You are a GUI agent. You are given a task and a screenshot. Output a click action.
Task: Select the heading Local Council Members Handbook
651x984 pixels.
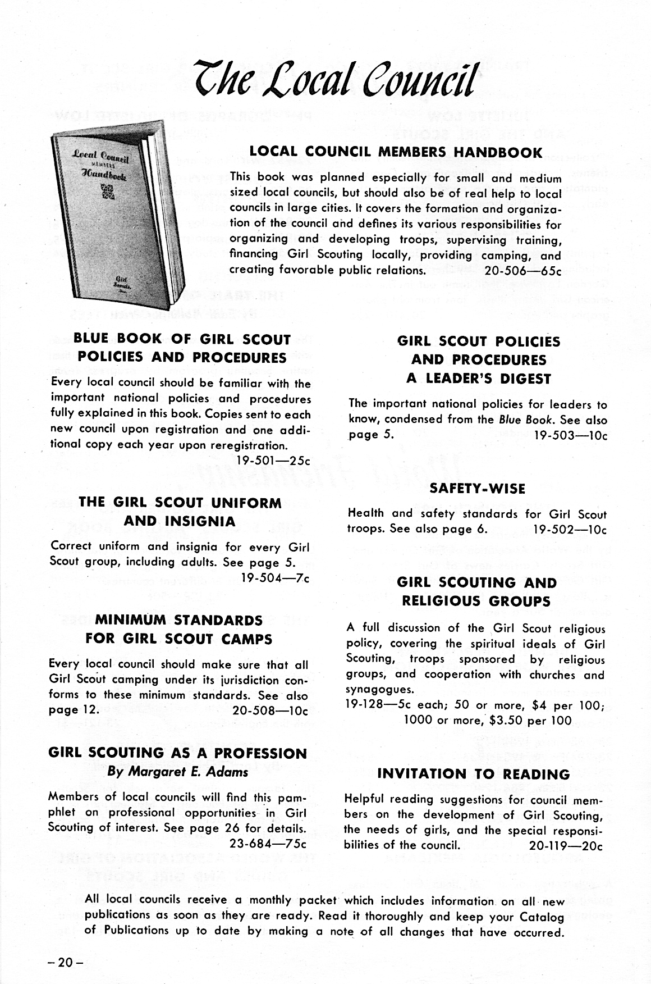[396, 152]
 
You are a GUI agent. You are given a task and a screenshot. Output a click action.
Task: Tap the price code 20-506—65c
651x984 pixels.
[522, 270]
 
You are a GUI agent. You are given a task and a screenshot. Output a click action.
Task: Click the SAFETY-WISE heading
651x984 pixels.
[477, 489]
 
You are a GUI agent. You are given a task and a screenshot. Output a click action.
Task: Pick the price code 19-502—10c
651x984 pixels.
[570, 529]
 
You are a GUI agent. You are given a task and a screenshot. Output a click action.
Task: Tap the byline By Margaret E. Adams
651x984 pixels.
[177, 772]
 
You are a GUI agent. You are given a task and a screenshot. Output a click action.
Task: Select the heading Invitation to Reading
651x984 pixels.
[474, 775]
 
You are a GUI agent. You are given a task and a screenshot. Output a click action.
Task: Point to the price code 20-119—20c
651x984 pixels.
[566, 845]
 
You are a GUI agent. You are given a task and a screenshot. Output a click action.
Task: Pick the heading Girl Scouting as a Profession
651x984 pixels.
[178, 753]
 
